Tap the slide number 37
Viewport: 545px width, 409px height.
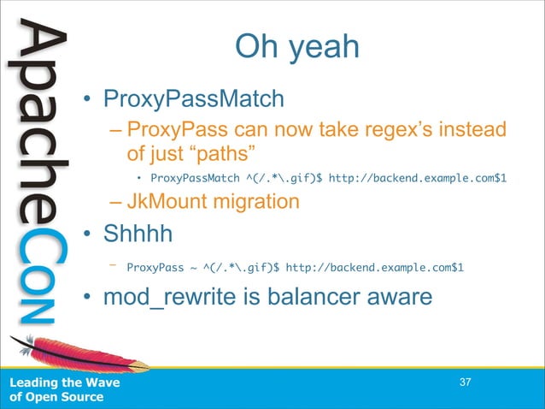pyautogui.click(x=466, y=382)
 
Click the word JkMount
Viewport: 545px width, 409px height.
pyautogui.click(x=167, y=202)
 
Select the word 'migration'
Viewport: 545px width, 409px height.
pyautogui.click(x=256, y=202)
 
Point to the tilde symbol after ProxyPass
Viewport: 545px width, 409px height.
pyautogui.click(x=195, y=267)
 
